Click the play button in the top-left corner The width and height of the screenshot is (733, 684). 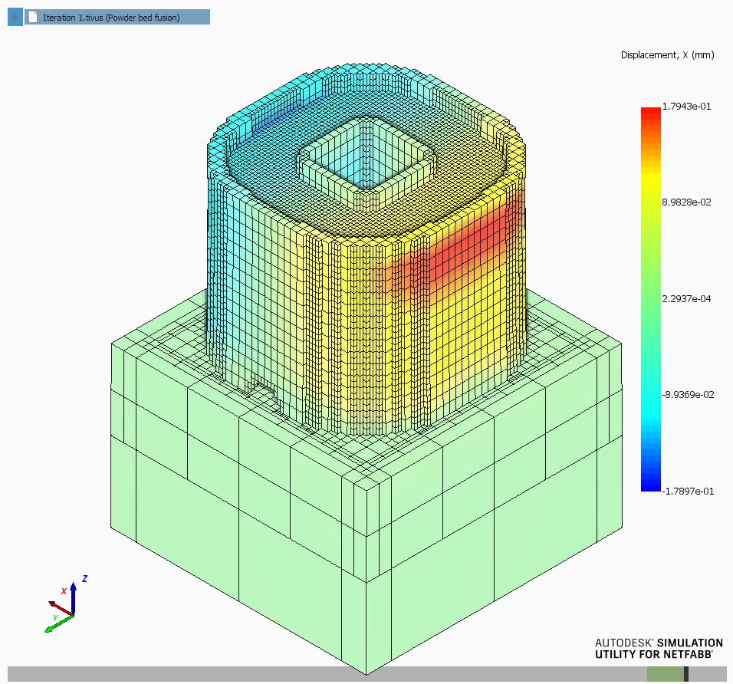tap(15, 18)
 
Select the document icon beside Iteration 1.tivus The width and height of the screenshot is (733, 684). tap(33, 18)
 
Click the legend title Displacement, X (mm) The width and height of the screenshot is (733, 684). tap(667, 55)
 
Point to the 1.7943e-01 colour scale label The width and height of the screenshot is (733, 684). tap(686, 107)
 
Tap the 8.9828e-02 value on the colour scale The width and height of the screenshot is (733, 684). tap(686, 202)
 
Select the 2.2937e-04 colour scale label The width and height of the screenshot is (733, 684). tap(686, 299)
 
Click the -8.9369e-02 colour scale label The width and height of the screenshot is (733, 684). tap(688, 395)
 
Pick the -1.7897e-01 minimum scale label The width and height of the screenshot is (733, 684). tap(688, 491)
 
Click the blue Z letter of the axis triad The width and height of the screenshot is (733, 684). tap(84, 579)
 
